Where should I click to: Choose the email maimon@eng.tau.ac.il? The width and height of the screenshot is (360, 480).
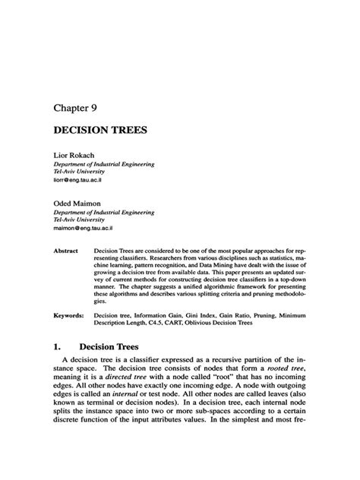click(84, 226)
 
